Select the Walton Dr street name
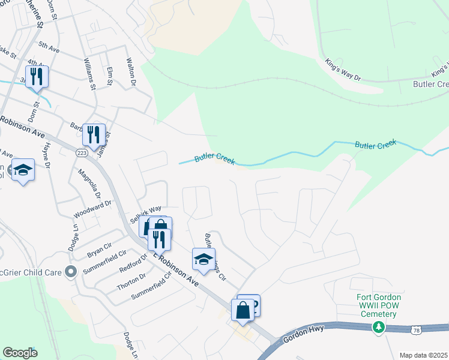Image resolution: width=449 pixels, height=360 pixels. pyautogui.click(x=129, y=71)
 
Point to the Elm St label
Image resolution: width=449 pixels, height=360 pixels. pyautogui.click(x=109, y=77)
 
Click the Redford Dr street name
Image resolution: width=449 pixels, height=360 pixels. pyautogui.click(x=133, y=265)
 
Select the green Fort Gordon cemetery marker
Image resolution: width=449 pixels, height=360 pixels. pyautogui.click(x=378, y=327)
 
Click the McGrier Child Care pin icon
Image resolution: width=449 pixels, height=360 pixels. pyautogui.click(x=70, y=272)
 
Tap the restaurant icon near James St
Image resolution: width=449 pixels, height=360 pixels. pyautogui.click(x=93, y=136)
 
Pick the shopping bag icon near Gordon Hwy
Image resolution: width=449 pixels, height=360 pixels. pyautogui.click(x=243, y=311)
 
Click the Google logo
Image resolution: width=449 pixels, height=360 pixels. pyautogui.click(x=20, y=353)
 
